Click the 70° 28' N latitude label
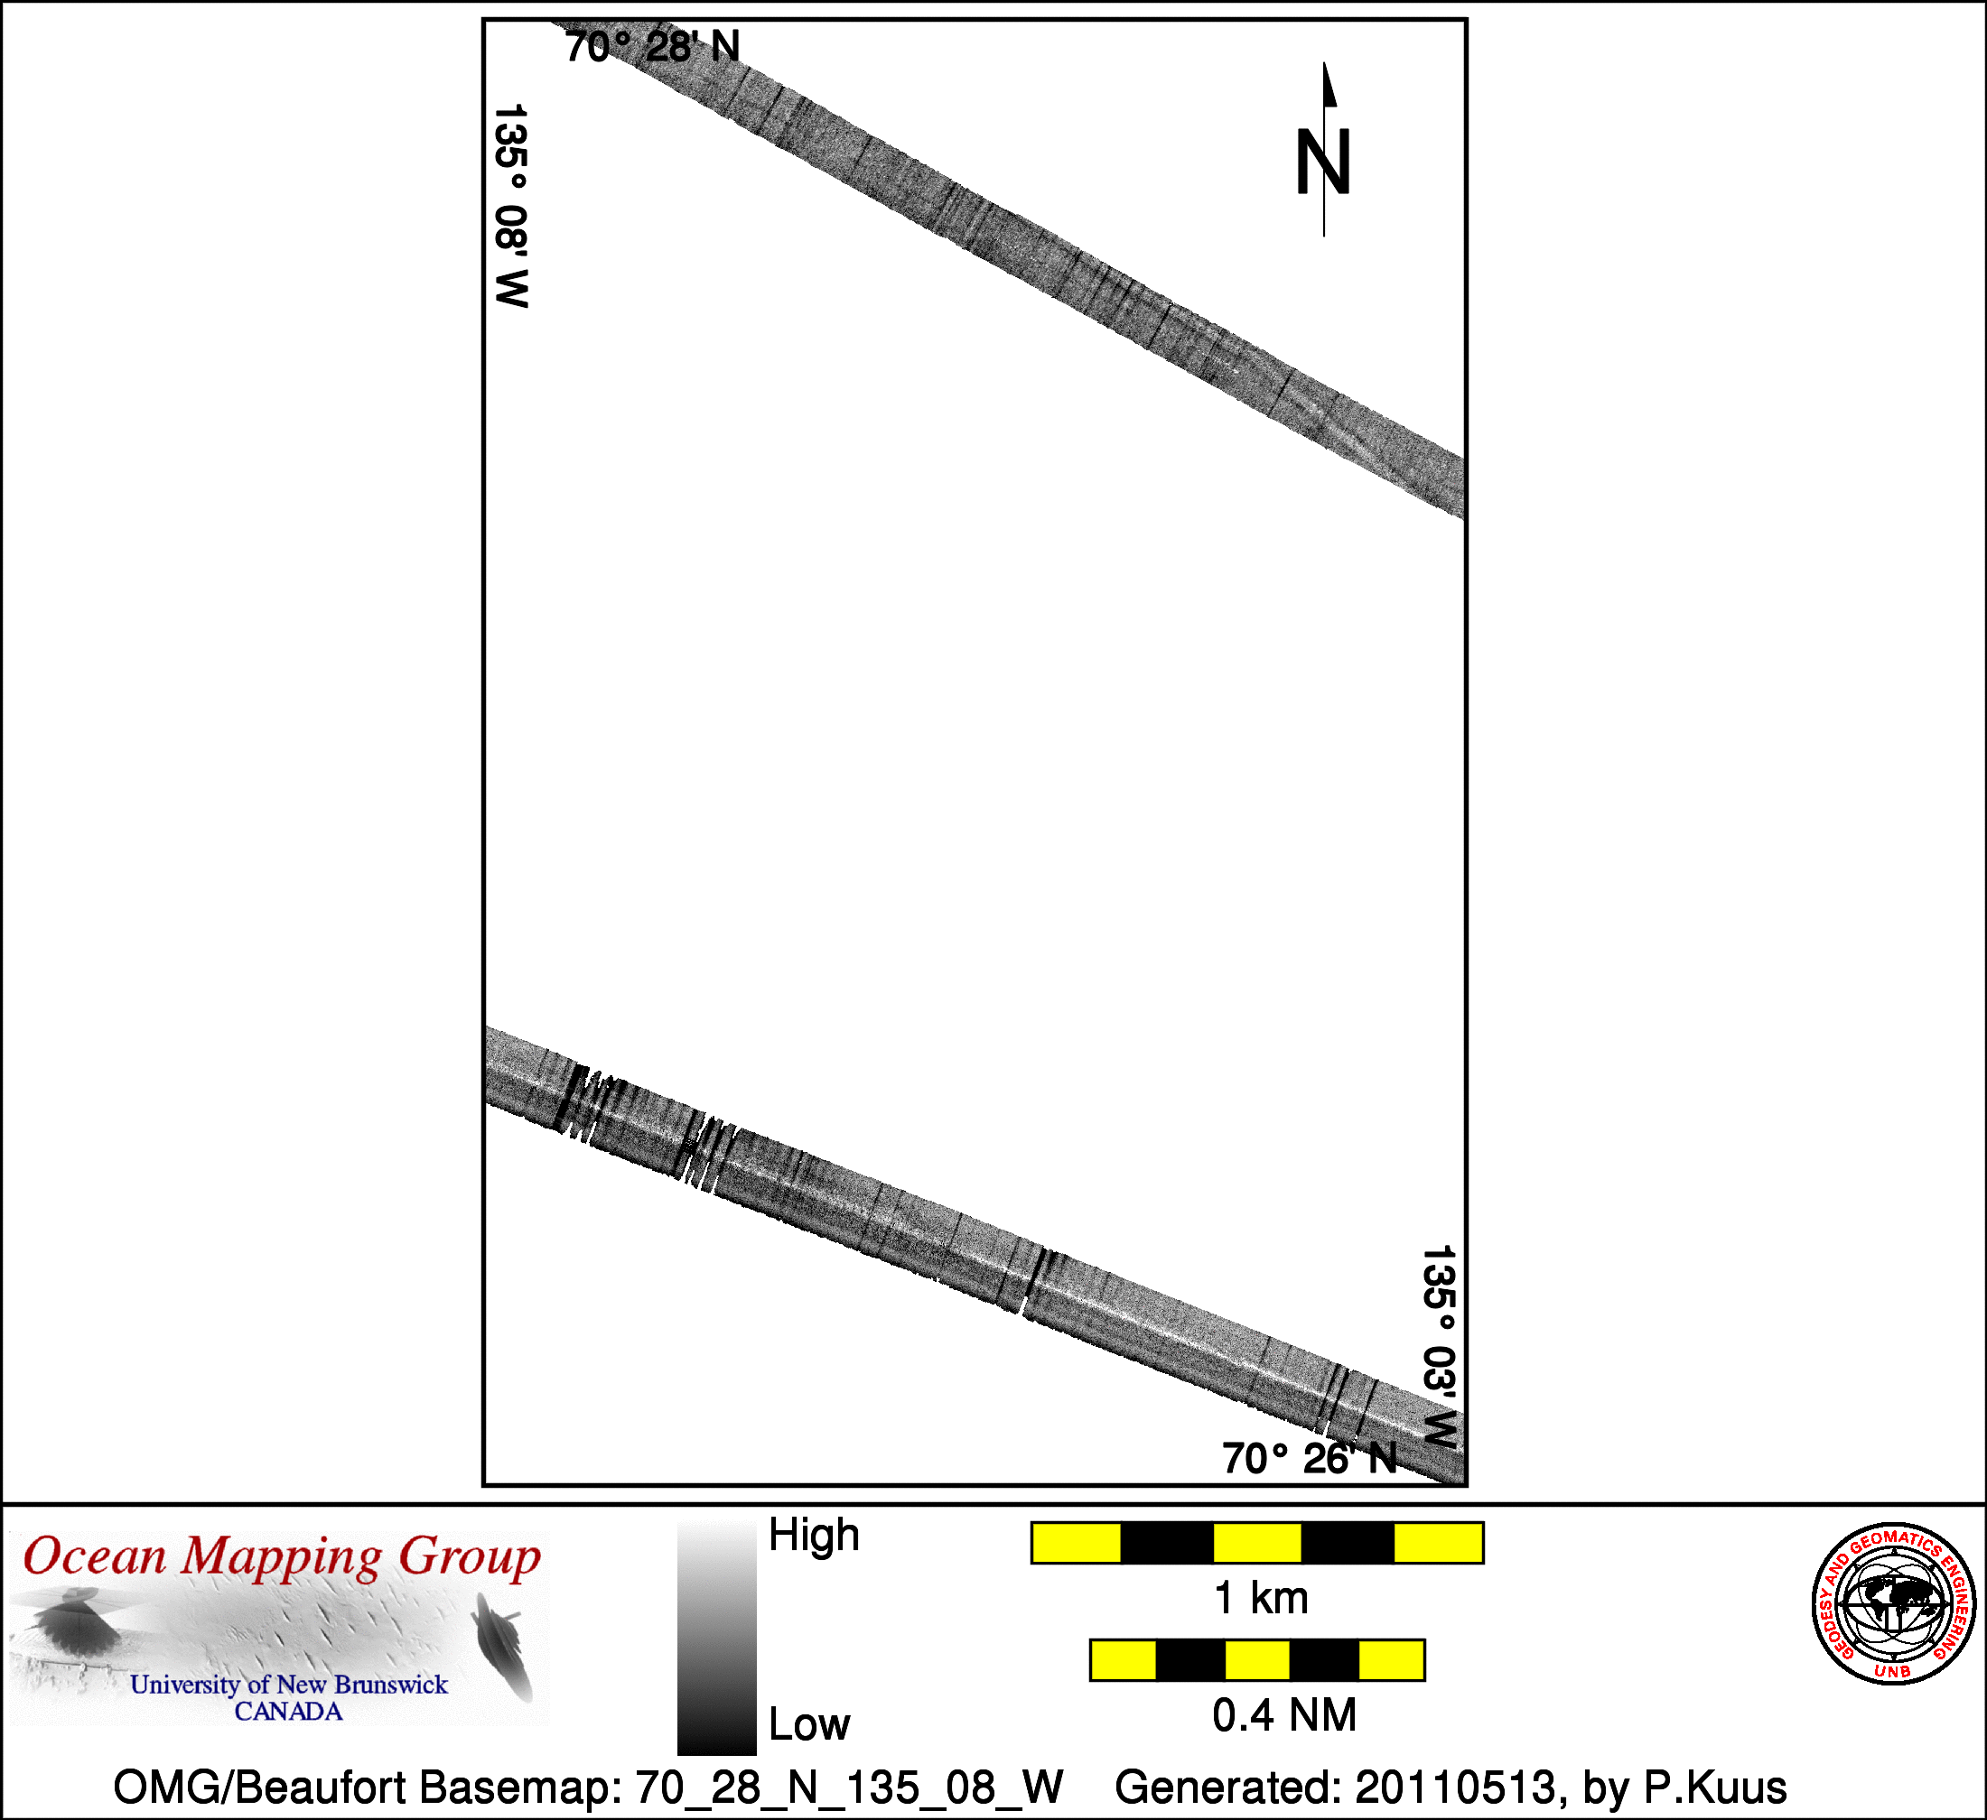(652, 46)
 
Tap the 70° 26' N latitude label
(1310, 1458)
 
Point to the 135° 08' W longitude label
(511, 206)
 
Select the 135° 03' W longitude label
(1439, 1347)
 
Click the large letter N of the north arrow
(1322, 162)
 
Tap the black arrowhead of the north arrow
(1329, 84)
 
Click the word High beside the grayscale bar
(814, 1536)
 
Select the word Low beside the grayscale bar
(809, 1724)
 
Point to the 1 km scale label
(1262, 1598)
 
